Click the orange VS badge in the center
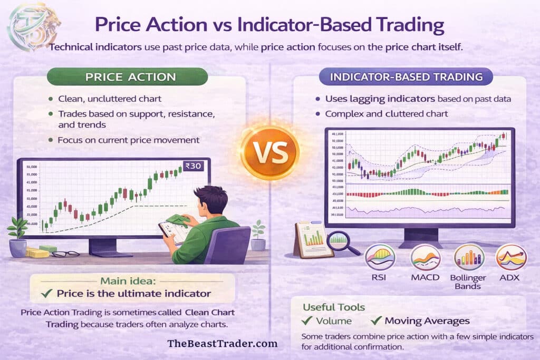coord(269,153)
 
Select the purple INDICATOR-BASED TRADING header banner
coord(406,77)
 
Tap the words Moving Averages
coord(427,320)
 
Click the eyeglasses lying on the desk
coord(66,254)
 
